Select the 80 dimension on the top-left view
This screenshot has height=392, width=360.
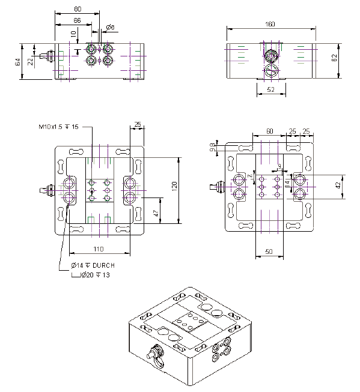point(78,10)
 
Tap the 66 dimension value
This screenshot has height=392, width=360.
point(78,21)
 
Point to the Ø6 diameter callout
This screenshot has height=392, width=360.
point(111,27)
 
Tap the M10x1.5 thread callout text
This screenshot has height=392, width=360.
point(59,127)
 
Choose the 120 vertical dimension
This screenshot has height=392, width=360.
point(174,188)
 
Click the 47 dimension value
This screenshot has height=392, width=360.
point(156,212)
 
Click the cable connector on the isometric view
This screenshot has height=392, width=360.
point(157,354)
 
